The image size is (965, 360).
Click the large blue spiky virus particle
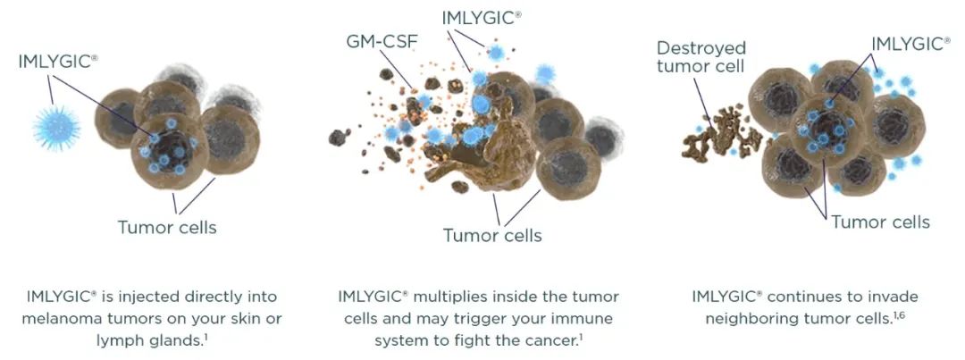(56, 128)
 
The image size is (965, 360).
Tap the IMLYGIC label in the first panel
(58, 63)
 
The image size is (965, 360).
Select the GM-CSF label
(382, 42)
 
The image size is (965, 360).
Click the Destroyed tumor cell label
(701, 56)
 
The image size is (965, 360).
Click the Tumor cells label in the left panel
(167, 227)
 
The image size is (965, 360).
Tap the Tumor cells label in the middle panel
(492, 235)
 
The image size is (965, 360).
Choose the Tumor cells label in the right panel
(880, 222)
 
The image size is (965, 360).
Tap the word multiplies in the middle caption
(442, 297)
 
